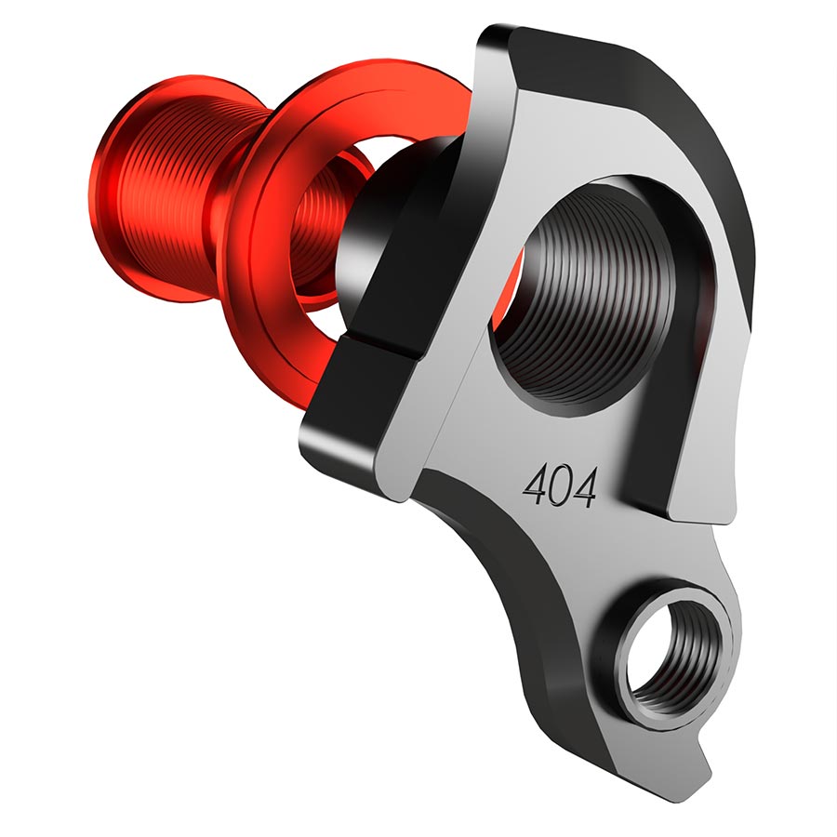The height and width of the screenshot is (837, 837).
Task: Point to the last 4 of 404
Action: coord(583,485)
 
